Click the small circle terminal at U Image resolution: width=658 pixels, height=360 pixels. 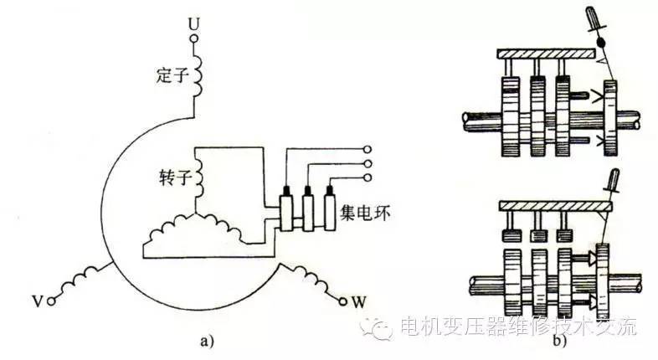click(x=193, y=36)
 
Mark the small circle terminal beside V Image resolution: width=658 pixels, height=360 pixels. click(x=53, y=299)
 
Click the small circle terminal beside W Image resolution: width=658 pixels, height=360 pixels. click(x=342, y=299)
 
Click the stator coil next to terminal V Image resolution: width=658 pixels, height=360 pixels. click(x=84, y=277)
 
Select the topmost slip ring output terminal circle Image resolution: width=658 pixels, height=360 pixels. click(x=366, y=150)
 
